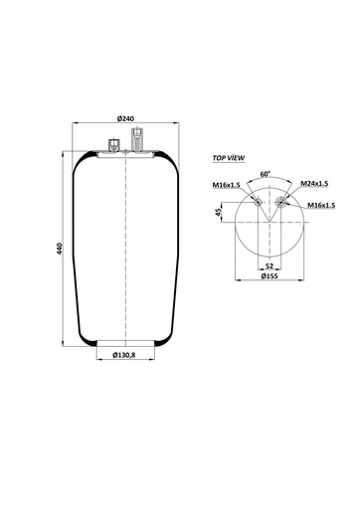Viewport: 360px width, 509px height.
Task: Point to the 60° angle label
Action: click(x=265, y=174)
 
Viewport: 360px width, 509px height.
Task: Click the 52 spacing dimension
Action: click(x=270, y=266)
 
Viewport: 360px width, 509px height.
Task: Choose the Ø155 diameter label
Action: click(x=270, y=276)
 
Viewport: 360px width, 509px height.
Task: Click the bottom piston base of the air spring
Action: click(x=125, y=342)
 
